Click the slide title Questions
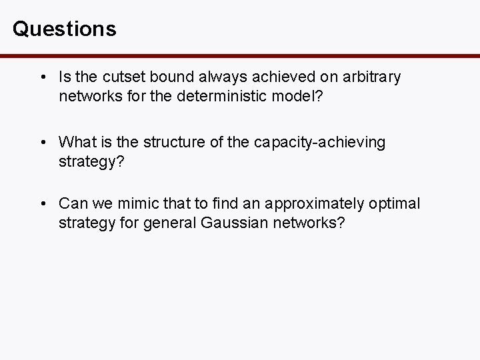tap(64, 29)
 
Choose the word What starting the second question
tap(77, 141)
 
